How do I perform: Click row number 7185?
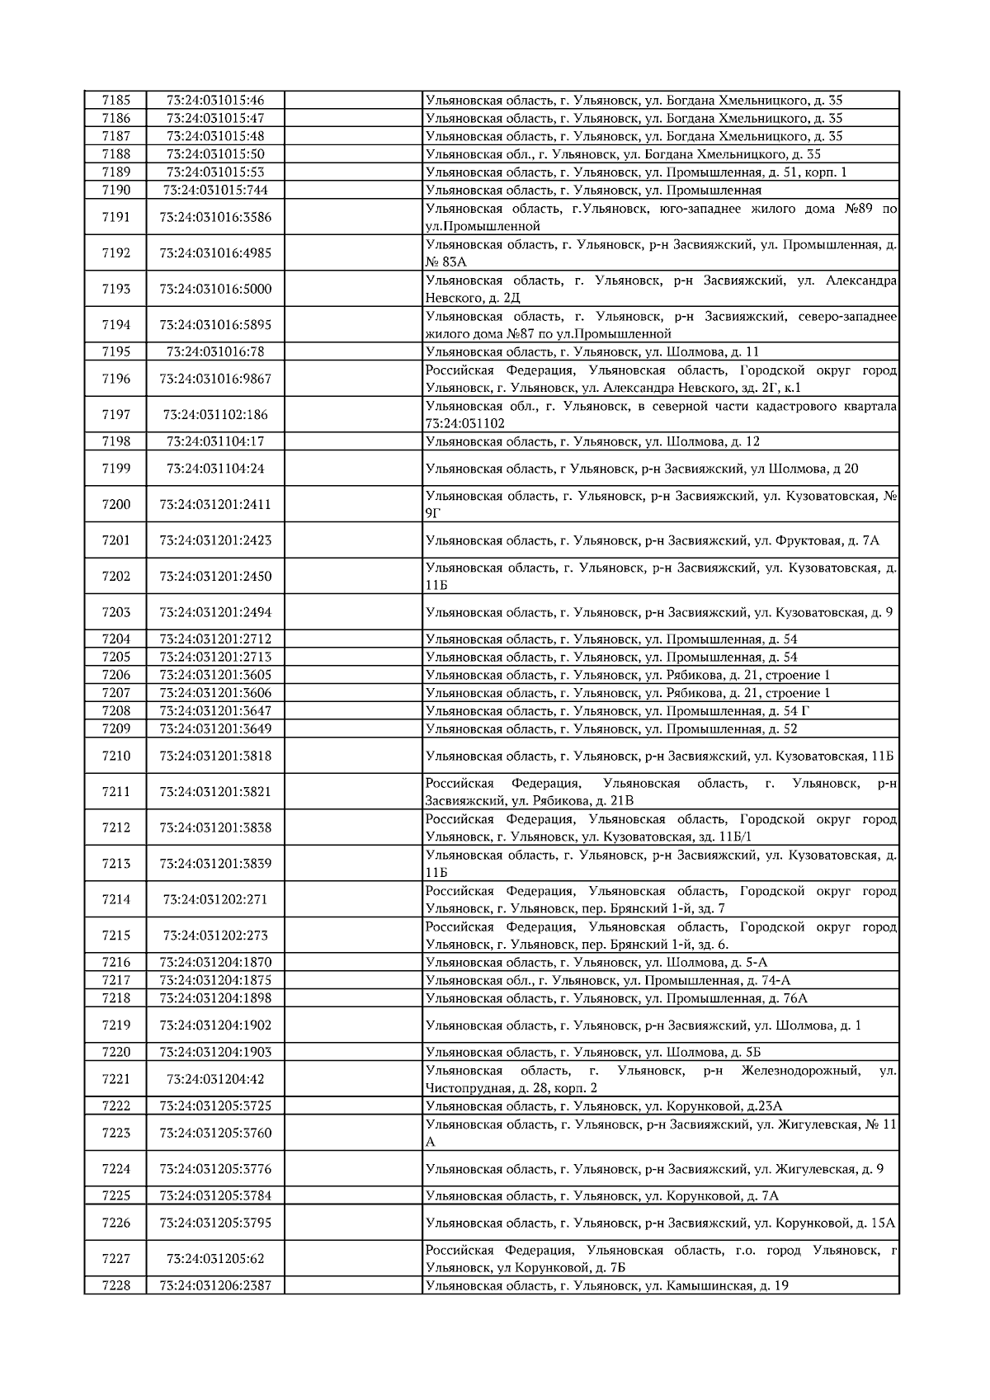115,100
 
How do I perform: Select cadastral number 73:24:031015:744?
215,190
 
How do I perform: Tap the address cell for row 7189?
660,172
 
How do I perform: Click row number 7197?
115,414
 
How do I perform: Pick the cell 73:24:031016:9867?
215,379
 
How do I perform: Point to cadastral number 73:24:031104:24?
215,469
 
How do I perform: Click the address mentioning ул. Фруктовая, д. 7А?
660,540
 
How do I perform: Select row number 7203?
115,612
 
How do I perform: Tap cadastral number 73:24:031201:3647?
215,710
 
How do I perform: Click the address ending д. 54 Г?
660,710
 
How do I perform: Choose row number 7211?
115,791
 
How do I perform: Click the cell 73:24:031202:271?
215,899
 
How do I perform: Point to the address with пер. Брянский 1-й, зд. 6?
660,936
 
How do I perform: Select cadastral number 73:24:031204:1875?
215,980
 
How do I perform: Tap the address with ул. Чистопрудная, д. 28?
660,1079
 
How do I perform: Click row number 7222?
115,1105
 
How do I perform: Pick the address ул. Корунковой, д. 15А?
660,1223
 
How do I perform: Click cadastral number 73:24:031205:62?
215,1259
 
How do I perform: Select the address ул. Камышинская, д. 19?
660,1285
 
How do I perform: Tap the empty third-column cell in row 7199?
353,469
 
